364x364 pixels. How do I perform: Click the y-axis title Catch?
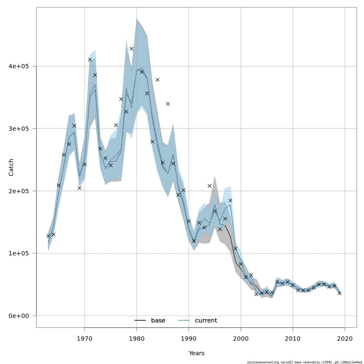click(x=11, y=167)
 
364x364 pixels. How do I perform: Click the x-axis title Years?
click(x=197, y=353)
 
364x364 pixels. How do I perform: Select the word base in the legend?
click(x=158, y=321)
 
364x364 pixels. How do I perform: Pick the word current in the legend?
click(x=206, y=321)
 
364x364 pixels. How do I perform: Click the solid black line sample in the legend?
click(x=140, y=321)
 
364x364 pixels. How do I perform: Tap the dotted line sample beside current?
click(x=184, y=321)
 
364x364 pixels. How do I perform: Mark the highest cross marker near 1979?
click(x=131, y=49)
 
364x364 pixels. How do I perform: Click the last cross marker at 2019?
click(x=340, y=293)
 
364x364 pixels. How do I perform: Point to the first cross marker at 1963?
click(x=48, y=236)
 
